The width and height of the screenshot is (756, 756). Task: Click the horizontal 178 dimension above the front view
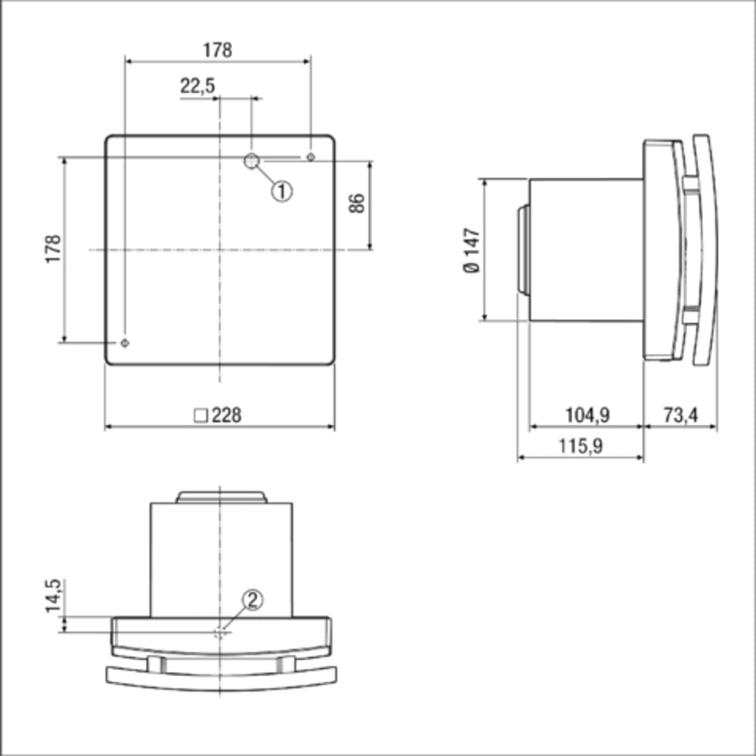pos(217,50)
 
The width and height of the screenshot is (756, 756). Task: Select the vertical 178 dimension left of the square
pos(53,249)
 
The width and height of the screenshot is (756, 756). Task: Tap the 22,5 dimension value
pos(197,86)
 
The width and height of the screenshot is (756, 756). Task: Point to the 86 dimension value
pos(357,203)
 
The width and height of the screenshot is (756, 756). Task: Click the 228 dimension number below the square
pos(227,415)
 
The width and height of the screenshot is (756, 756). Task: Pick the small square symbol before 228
pos(201,415)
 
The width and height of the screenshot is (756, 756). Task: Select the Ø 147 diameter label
pos(472,249)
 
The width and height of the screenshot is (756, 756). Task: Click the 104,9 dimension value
pos(587,414)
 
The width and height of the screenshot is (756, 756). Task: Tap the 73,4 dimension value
pos(680,414)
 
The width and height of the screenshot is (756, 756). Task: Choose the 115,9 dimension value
pos(581,446)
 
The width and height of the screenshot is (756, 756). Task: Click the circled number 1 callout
pos(281,191)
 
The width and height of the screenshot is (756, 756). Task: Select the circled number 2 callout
pos(253,600)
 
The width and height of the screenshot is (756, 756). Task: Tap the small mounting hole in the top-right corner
pos(311,156)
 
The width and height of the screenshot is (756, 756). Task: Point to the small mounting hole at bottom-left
pos(125,342)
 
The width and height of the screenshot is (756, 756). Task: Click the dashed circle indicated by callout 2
pos(221,633)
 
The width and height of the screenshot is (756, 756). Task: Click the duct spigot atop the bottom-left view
pos(221,497)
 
